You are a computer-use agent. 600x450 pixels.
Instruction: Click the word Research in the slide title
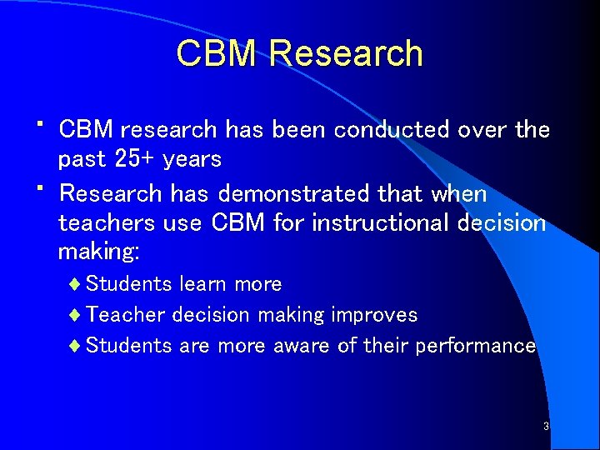(x=346, y=54)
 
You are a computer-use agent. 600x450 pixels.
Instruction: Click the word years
(x=192, y=159)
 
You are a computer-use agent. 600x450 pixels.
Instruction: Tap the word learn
(x=202, y=284)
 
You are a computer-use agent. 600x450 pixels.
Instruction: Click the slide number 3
(x=546, y=427)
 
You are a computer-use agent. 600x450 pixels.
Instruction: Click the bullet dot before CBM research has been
(x=41, y=123)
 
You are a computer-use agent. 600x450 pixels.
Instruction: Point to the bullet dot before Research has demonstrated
(x=41, y=187)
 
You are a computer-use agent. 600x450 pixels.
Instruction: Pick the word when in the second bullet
(x=458, y=193)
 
